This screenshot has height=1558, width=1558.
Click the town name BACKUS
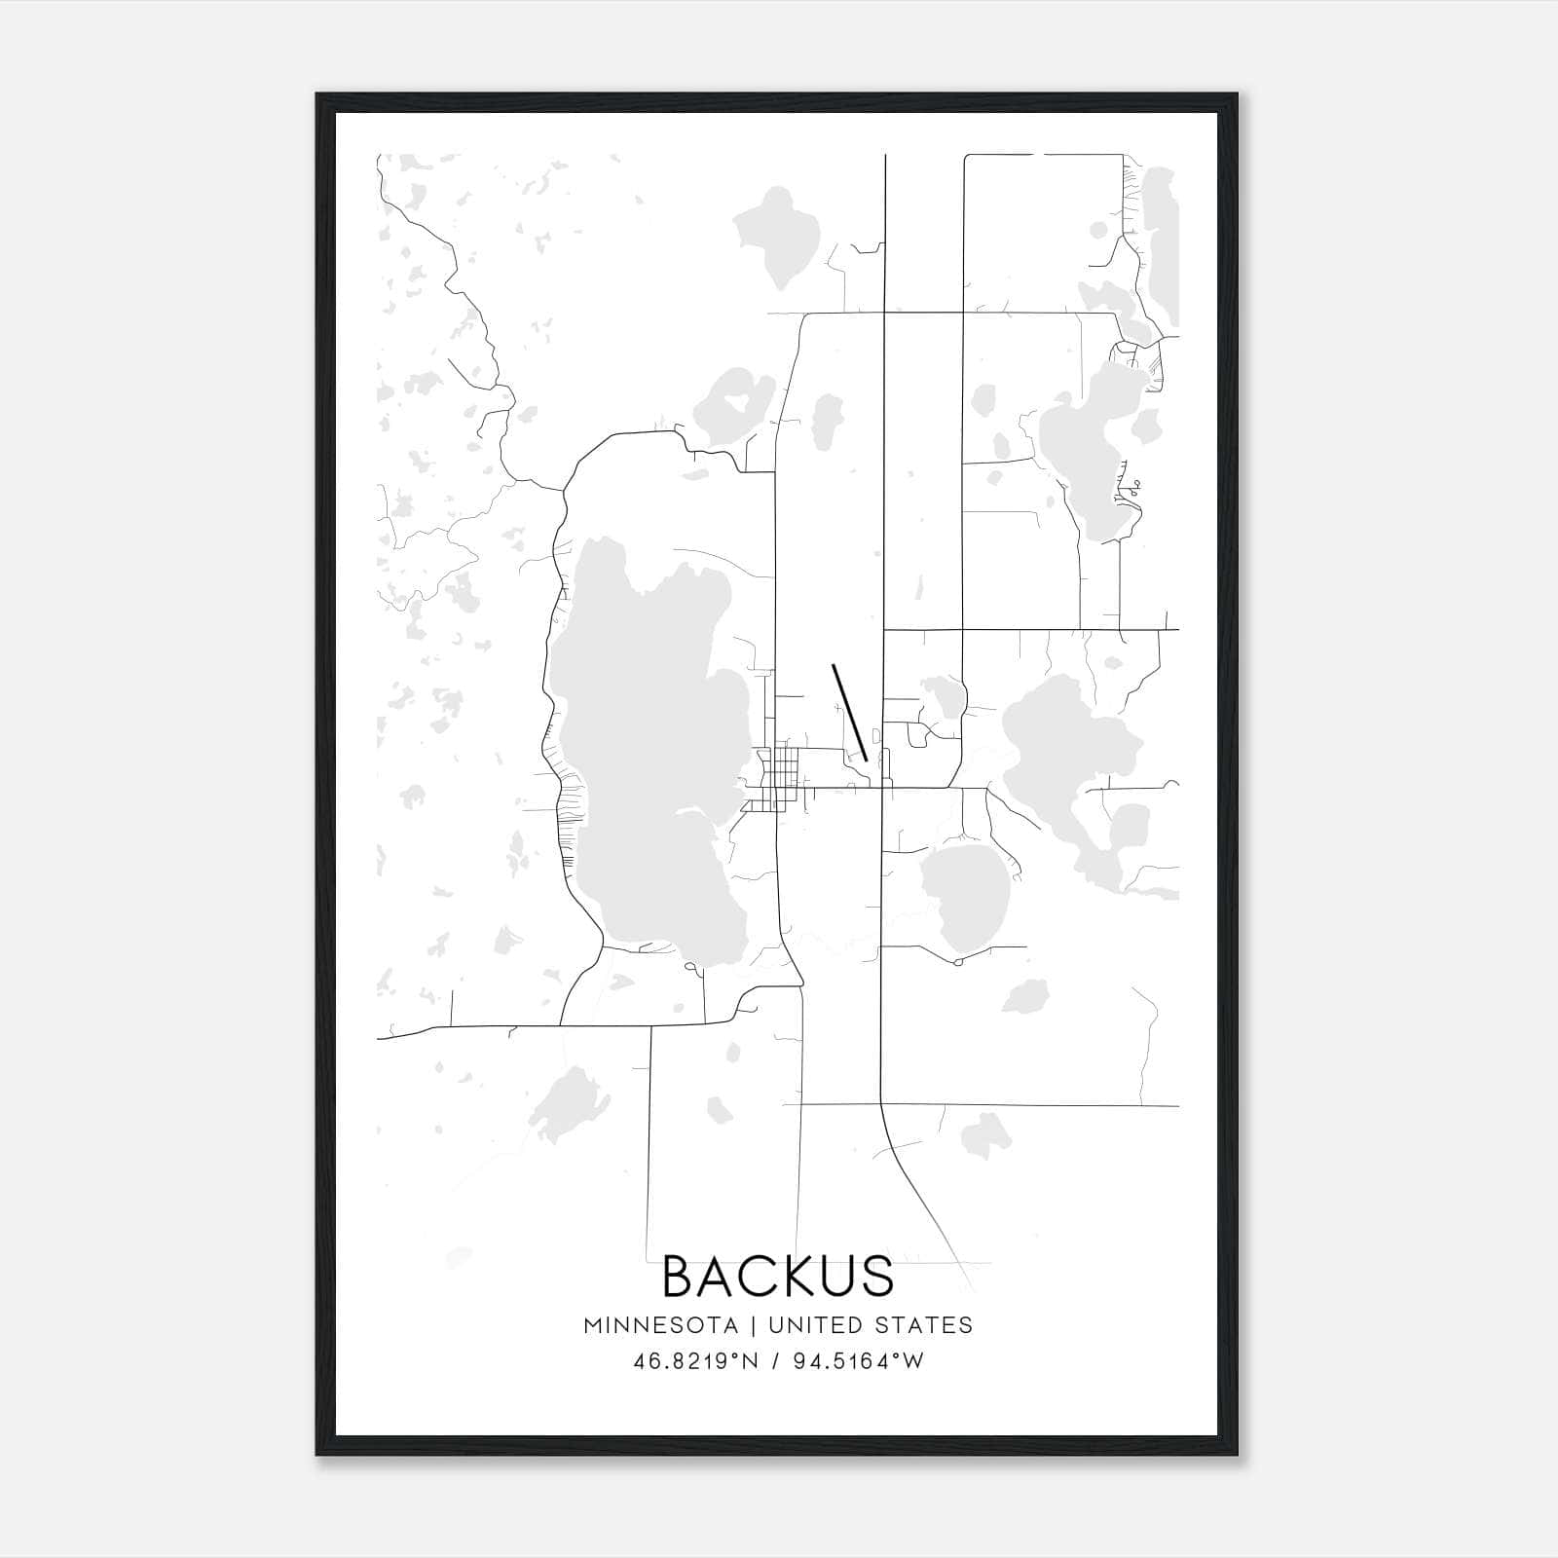(x=778, y=1277)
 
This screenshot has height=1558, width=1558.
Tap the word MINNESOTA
(x=653, y=1325)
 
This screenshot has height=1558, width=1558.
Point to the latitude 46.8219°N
(x=694, y=1361)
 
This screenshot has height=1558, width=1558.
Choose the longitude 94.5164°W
(x=859, y=1361)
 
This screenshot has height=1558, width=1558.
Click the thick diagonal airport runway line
(x=849, y=712)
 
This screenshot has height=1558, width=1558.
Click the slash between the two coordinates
(x=776, y=1361)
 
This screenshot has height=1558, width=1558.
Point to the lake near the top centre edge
(x=777, y=234)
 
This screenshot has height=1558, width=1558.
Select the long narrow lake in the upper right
(x=1161, y=243)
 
